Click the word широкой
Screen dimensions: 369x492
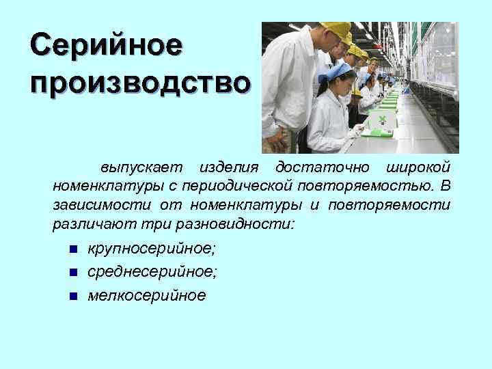[418, 167]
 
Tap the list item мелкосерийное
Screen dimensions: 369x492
[146, 296]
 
